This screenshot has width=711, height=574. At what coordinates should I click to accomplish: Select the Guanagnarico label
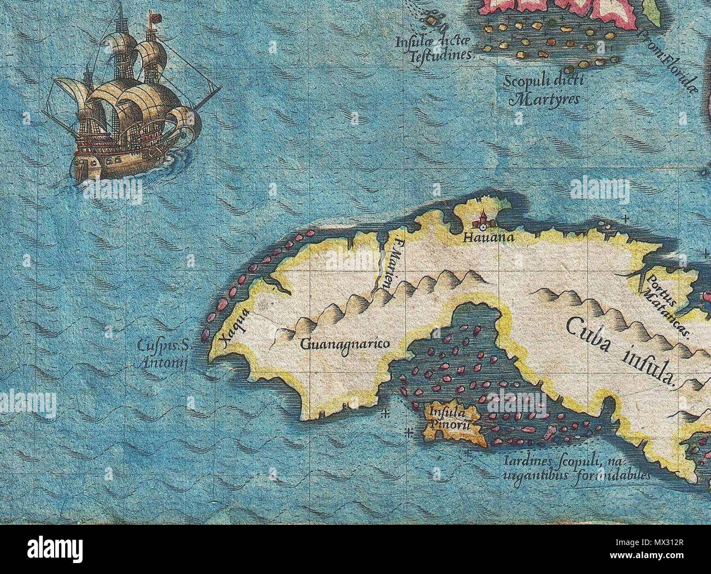pyautogui.click(x=345, y=344)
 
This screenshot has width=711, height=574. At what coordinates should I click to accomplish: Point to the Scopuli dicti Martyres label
pyautogui.click(x=545, y=90)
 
